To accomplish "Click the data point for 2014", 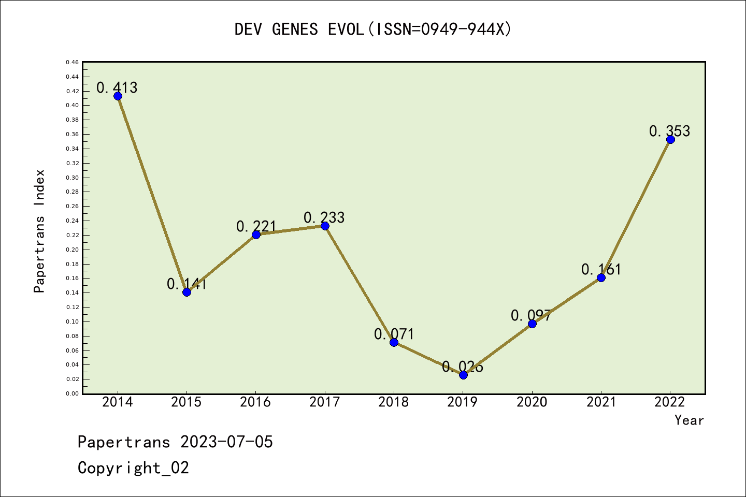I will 118,96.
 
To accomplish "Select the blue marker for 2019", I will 463,375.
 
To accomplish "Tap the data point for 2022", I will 670,139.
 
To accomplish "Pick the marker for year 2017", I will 325,226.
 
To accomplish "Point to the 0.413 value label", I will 117,87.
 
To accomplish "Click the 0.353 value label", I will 669,131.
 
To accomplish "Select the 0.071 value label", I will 394,334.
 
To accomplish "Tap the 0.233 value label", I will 324,217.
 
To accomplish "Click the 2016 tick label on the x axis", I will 255,402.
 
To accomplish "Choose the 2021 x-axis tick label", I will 601,402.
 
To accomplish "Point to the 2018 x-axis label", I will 394,402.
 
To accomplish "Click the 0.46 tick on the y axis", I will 73,62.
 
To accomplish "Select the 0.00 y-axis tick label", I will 73,393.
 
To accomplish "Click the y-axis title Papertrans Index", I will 39,231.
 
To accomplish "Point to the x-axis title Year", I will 689,420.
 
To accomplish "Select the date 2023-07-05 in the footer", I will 226,442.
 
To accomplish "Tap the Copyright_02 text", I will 133,467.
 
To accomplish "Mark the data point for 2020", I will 532,324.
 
